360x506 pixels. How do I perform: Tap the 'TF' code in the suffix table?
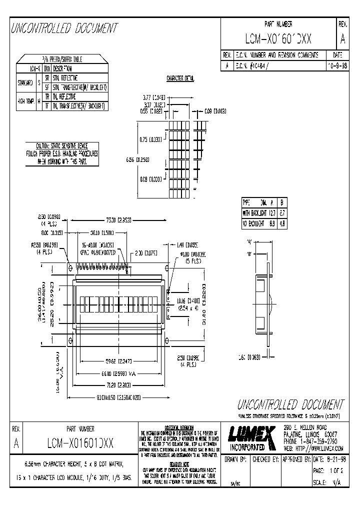[x=47, y=106]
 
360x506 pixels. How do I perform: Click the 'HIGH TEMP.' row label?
[x=25, y=101]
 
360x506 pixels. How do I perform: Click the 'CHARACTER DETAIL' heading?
[x=180, y=78]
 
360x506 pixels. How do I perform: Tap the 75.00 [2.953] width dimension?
[x=118, y=219]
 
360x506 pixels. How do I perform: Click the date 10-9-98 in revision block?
[x=337, y=65]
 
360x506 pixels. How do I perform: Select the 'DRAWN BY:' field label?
[x=235, y=459]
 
